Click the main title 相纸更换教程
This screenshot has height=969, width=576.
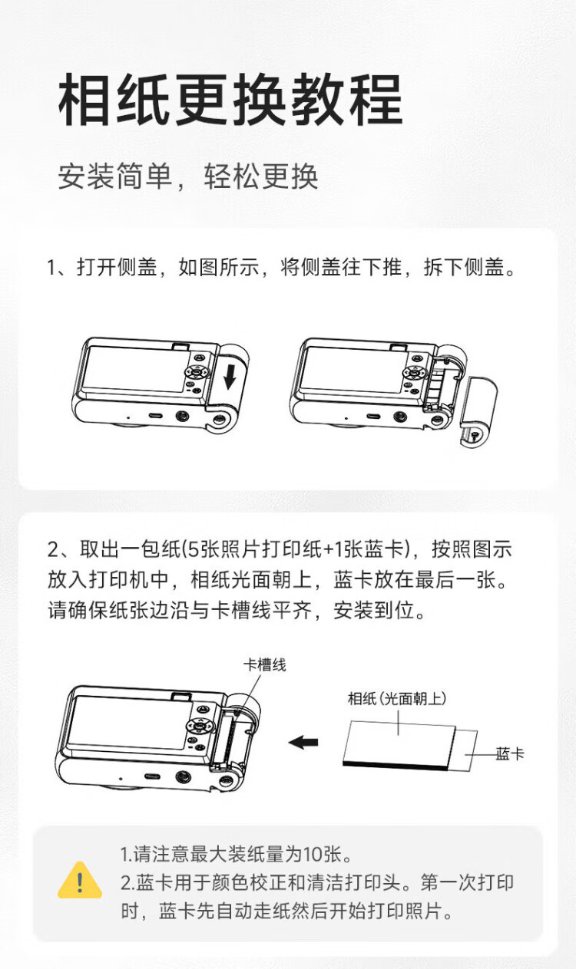(231, 101)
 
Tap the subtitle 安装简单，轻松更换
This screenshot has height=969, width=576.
(188, 176)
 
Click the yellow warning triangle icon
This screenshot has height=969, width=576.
(80, 880)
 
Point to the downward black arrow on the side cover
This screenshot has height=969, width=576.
(230, 376)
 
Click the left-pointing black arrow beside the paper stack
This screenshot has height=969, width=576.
(303, 743)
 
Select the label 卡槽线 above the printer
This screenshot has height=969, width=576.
(265, 665)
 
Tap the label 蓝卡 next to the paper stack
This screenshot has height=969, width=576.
(510, 754)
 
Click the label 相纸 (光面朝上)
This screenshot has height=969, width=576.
(397, 698)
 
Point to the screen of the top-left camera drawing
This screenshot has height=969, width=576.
(135, 370)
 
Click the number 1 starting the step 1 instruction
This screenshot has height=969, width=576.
(51, 268)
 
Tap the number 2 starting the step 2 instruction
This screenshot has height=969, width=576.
(53, 549)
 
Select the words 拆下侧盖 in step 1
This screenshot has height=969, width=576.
(464, 267)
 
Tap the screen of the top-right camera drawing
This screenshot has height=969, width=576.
(353, 370)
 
